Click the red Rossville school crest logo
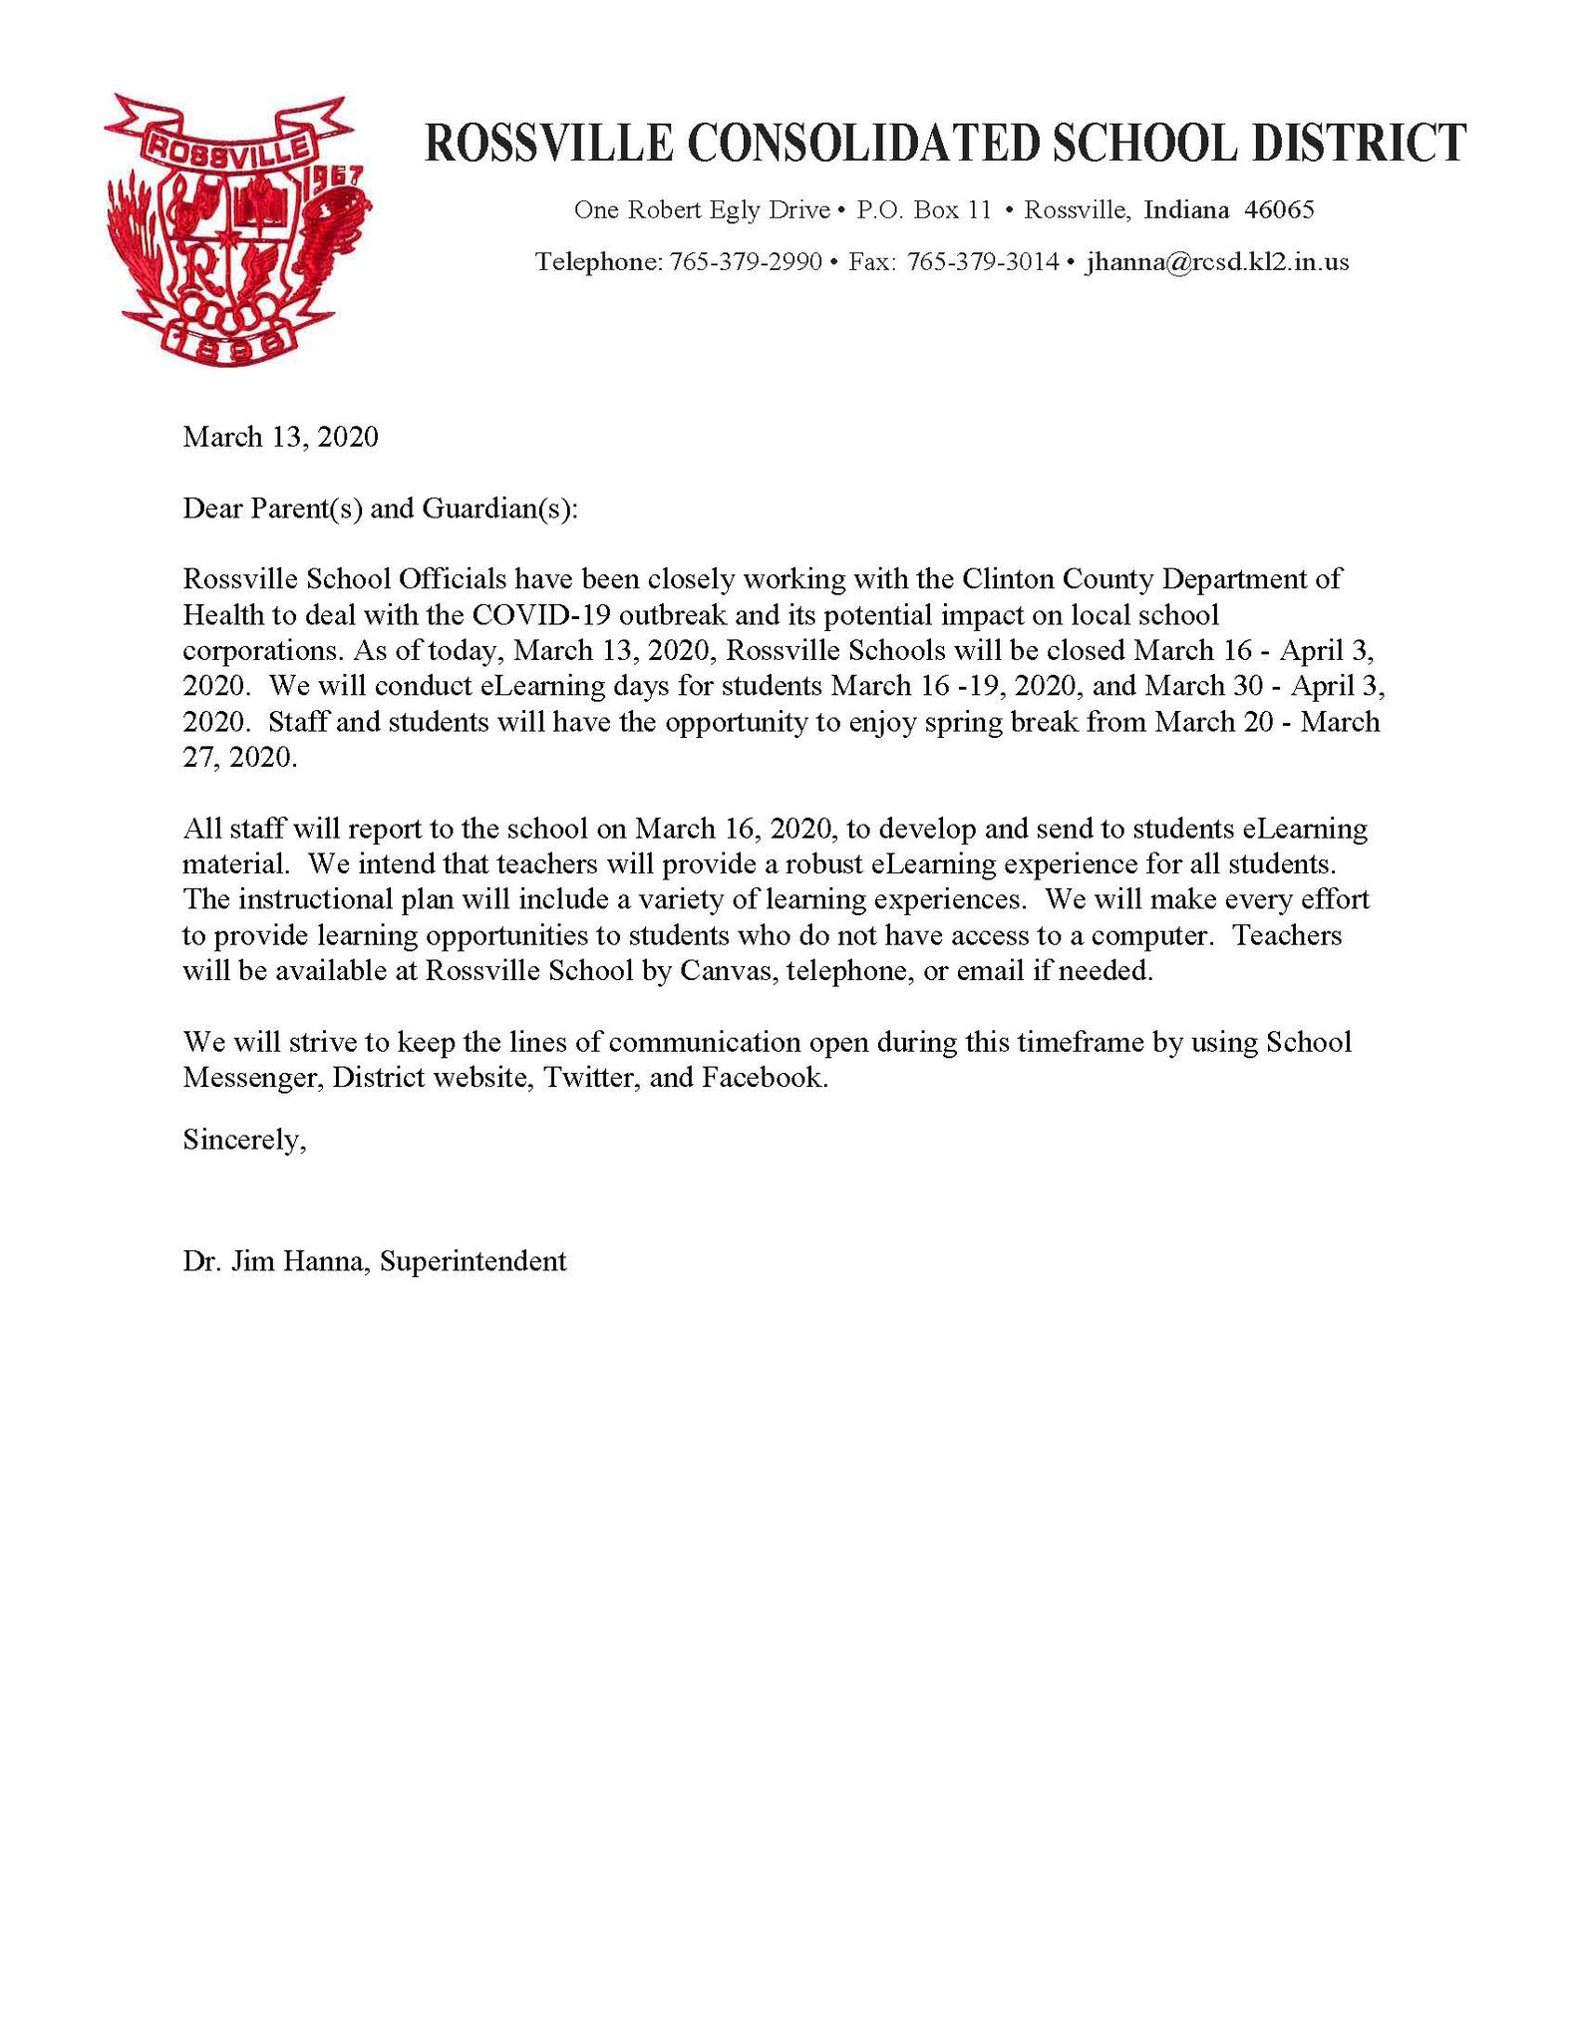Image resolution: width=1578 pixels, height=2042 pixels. tap(237, 229)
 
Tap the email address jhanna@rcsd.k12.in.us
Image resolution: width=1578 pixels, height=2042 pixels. tap(1217, 262)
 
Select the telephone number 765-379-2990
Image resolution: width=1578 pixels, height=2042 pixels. tap(746, 262)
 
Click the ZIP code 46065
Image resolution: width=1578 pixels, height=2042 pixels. tap(1280, 210)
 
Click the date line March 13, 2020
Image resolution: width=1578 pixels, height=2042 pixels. tap(280, 437)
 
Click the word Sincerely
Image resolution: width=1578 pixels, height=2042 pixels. tap(243, 1139)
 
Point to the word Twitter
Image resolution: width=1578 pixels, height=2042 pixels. tap(590, 1078)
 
